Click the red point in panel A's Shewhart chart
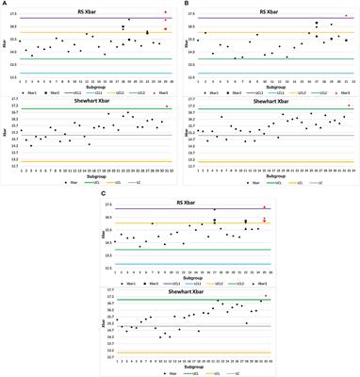166,107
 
